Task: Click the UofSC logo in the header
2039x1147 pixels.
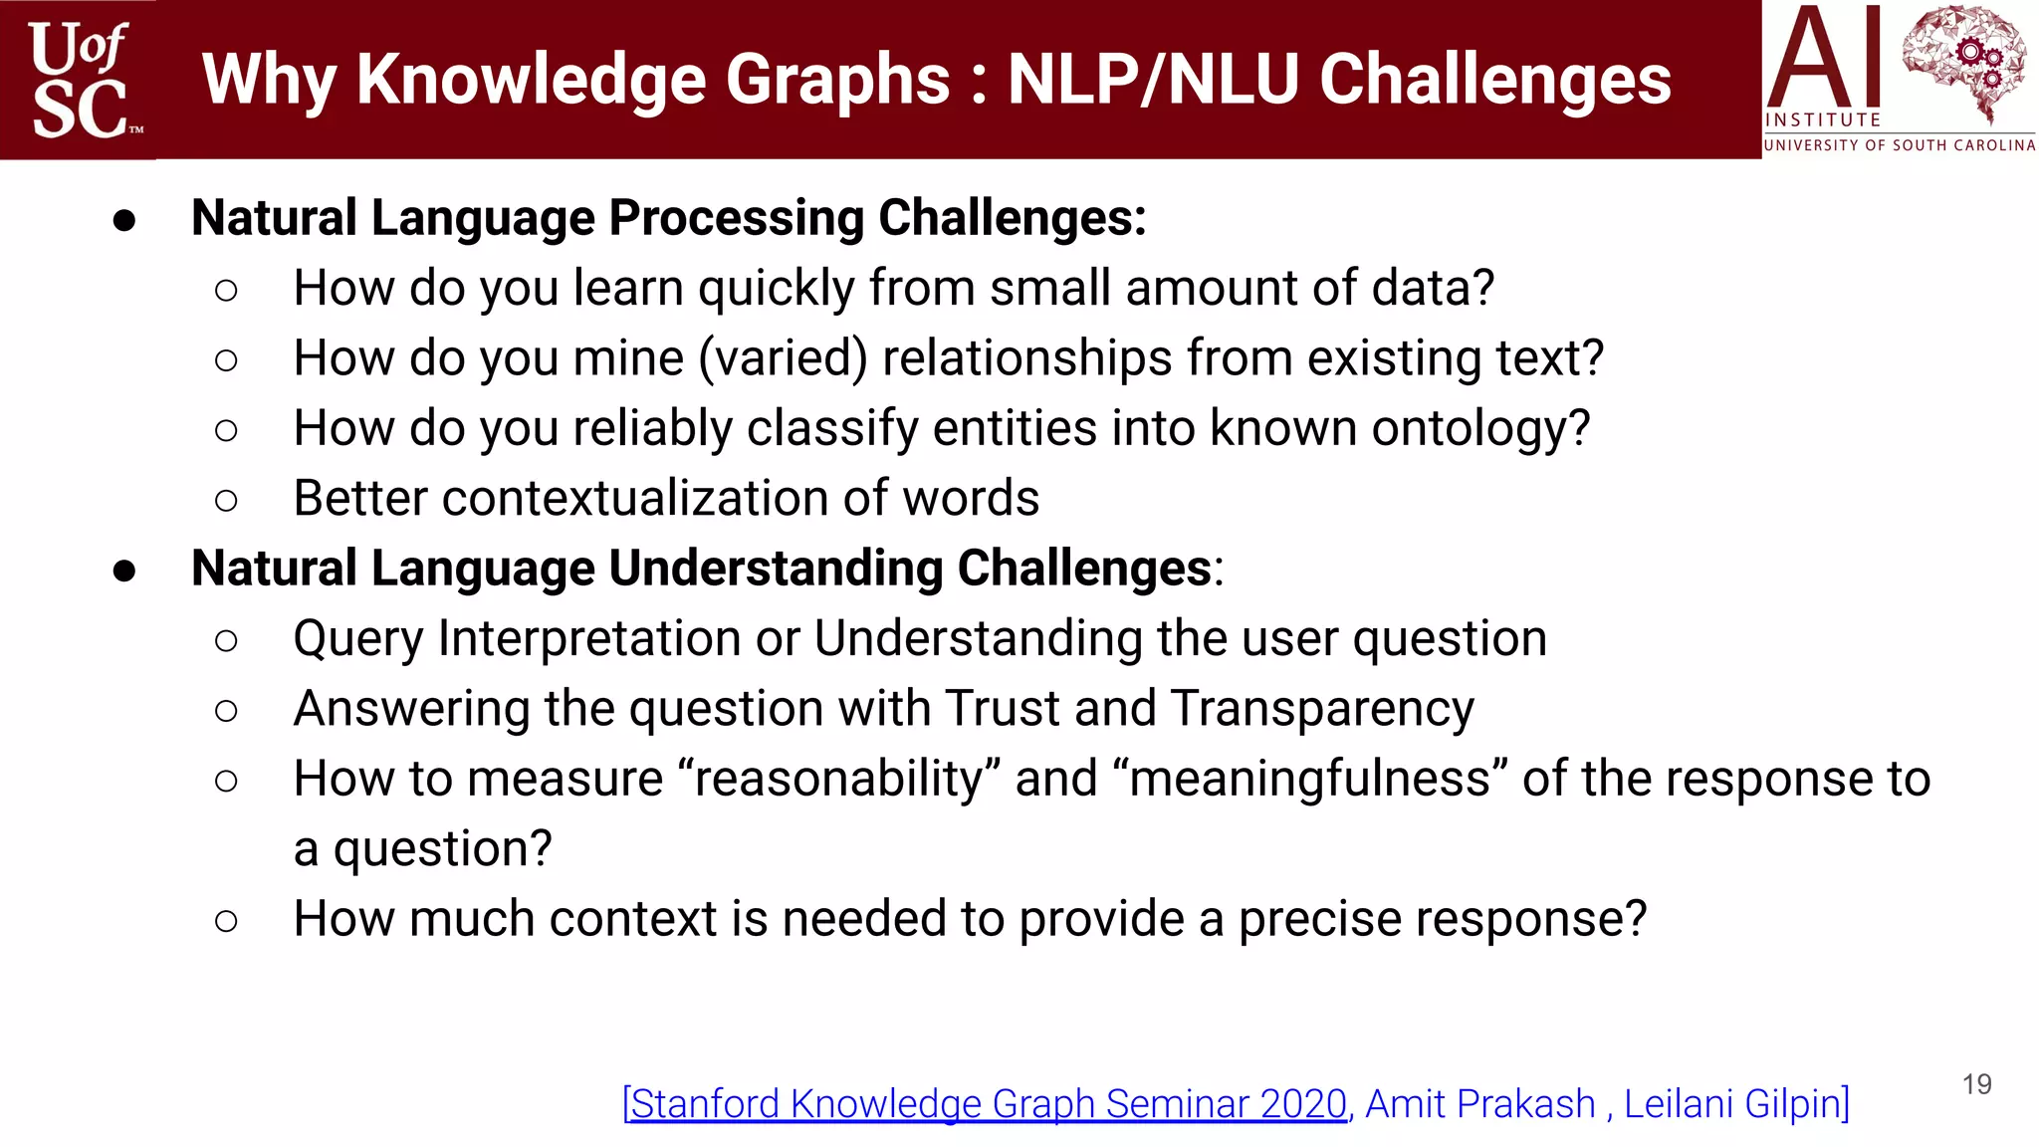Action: [80, 80]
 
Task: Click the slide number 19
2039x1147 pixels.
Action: [1976, 1084]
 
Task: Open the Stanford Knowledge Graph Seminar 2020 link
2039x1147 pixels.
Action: [986, 1104]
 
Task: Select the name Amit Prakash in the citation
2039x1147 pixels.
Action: [1479, 1104]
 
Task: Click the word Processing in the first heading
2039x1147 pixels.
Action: [737, 218]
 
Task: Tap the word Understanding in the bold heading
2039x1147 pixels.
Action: [776, 569]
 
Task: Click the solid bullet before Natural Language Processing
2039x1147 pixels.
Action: [124, 221]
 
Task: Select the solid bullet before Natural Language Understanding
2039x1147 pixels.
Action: [124, 572]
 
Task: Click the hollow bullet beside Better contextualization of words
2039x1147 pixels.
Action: [226, 500]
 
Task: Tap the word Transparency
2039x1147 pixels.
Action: [1322, 709]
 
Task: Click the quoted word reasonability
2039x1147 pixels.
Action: [838, 779]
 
